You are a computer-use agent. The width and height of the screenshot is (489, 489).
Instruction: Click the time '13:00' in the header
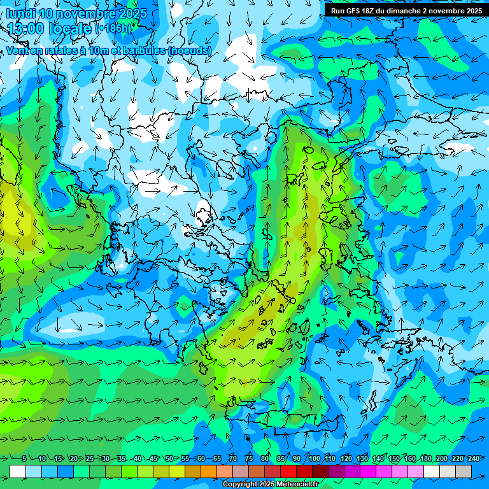tap(26, 28)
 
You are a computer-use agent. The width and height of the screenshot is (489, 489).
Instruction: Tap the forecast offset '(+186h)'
tap(113, 29)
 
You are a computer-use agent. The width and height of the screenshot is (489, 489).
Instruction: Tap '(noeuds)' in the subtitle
tap(190, 50)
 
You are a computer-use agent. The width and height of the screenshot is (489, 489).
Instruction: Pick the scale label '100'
tap(315, 459)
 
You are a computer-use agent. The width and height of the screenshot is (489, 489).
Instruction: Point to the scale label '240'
tap(474, 459)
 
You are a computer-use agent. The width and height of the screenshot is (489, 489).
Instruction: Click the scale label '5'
tap(24, 459)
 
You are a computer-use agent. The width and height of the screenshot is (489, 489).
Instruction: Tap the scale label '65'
tap(217, 459)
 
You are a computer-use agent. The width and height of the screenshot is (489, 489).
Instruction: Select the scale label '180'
tap(426, 459)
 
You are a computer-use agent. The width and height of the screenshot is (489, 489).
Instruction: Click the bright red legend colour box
tap(288, 471)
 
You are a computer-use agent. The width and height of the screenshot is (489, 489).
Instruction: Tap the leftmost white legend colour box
tap(18, 471)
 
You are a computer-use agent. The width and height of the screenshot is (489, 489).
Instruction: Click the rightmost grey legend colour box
tap(464, 471)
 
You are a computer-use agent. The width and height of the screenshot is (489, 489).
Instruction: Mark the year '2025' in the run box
tap(472, 11)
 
